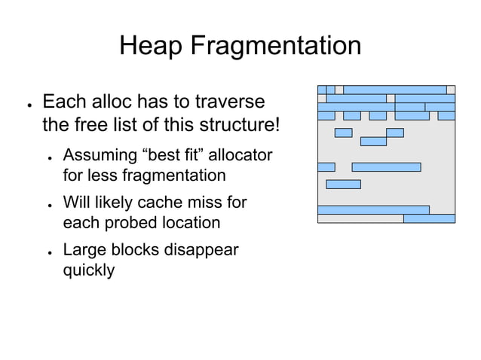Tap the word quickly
88,270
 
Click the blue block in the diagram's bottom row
429,219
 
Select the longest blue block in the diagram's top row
394,90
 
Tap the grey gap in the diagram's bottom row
360,219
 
